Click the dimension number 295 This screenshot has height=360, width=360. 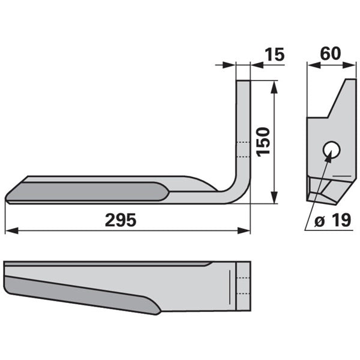point(121,220)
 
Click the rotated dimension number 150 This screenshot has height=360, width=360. point(263,142)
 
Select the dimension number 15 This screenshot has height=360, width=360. point(275,55)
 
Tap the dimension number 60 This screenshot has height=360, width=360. point(331,53)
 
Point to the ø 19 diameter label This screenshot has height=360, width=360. point(332,220)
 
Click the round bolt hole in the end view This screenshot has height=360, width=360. point(331,150)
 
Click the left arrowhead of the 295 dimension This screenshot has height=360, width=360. point(11,230)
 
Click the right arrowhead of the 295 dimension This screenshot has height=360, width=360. point(244,230)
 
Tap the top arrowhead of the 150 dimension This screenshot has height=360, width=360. point(274,87)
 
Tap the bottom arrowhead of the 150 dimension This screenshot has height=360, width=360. point(274,197)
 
